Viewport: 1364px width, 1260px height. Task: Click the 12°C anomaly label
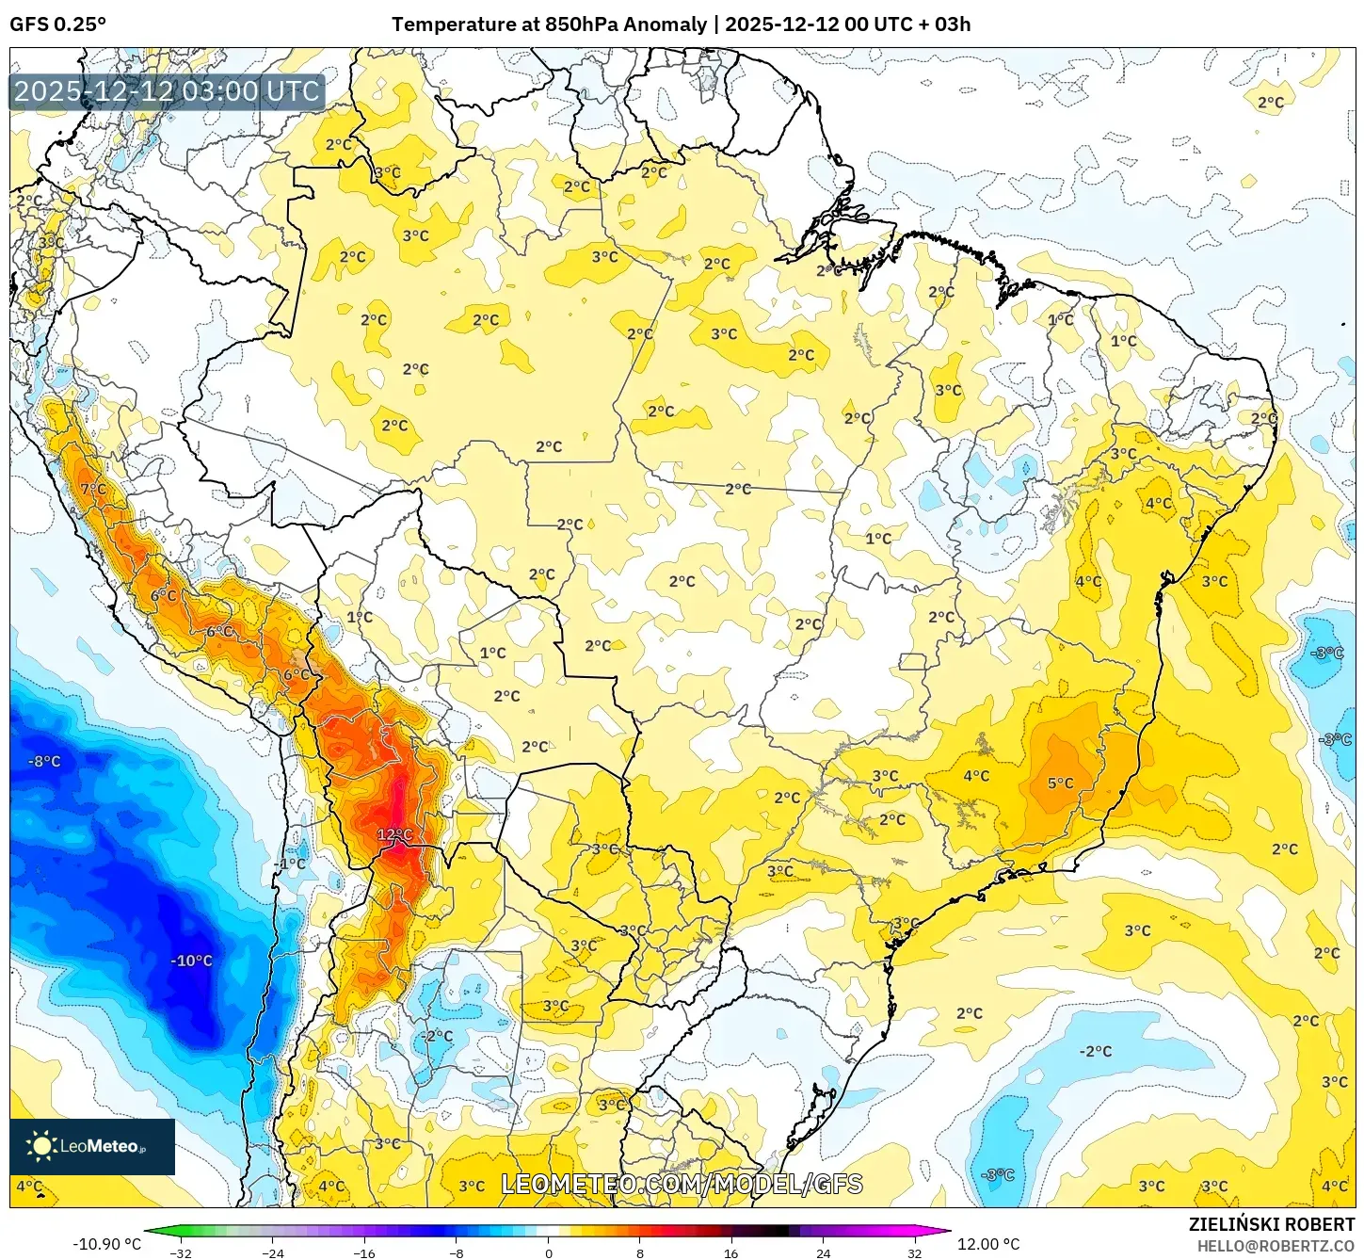click(394, 834)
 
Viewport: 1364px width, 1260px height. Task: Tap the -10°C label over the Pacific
click(191, 961)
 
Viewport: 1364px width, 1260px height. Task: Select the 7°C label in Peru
click(93, 489)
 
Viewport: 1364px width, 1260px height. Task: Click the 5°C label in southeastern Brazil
click(1060, 783)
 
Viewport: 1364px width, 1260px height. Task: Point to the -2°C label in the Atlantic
click(1095, 1051)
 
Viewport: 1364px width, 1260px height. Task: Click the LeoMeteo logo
click(91, 1146)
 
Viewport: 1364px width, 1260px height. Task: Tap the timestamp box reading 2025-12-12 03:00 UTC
click(167, 91)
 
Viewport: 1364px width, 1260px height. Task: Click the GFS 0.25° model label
click(57, 24)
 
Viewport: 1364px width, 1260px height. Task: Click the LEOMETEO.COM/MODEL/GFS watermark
click(682, 1184)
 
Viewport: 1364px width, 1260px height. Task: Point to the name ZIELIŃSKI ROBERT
click(1271, 1224)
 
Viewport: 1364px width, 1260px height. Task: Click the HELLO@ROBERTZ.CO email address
click(1276, 1246)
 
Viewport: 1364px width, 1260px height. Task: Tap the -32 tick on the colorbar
click(181, 1252)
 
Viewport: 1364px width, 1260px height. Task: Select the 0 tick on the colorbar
click(549, 1252)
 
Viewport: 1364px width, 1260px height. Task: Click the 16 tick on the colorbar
click(731, 1252)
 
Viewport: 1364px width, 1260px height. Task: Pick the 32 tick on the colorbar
click(914, 1252)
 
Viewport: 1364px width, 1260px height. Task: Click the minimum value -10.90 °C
click(106, 1244)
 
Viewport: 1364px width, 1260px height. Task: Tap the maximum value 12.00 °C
click(988, 1244)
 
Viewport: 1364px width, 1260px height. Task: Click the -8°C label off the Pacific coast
click(43, 761)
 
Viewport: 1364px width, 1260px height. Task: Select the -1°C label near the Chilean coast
click(290, 864)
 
